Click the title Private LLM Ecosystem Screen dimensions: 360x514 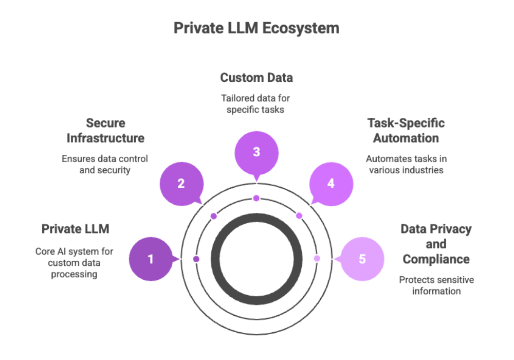click(x=256, y=28)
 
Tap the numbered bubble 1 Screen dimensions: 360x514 click(x=151, y=259)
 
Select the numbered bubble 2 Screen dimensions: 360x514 click(x=181, y=184)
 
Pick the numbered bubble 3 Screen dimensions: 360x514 click(x=256, y=152)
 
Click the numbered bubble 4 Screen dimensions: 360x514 click(x=331, y=184)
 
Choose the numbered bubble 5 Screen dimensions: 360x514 click(x=362, y=259)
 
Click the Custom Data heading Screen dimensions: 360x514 click(x=256, y=78)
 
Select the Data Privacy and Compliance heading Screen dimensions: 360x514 click(x=436, y=244)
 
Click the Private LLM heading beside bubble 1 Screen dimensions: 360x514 click(x=75, y=228)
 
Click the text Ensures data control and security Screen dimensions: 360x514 click(x=104, y=165)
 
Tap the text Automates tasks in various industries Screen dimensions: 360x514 click(x=406, y=165)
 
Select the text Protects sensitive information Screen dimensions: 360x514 click(x=436, y=285)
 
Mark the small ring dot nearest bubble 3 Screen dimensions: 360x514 click(x=256, y=198)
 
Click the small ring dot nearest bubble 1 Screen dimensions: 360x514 click(x=196, y=259)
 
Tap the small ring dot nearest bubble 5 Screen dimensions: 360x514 click(x=317, y=258)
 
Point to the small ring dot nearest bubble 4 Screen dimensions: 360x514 click(x=299, y=216)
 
